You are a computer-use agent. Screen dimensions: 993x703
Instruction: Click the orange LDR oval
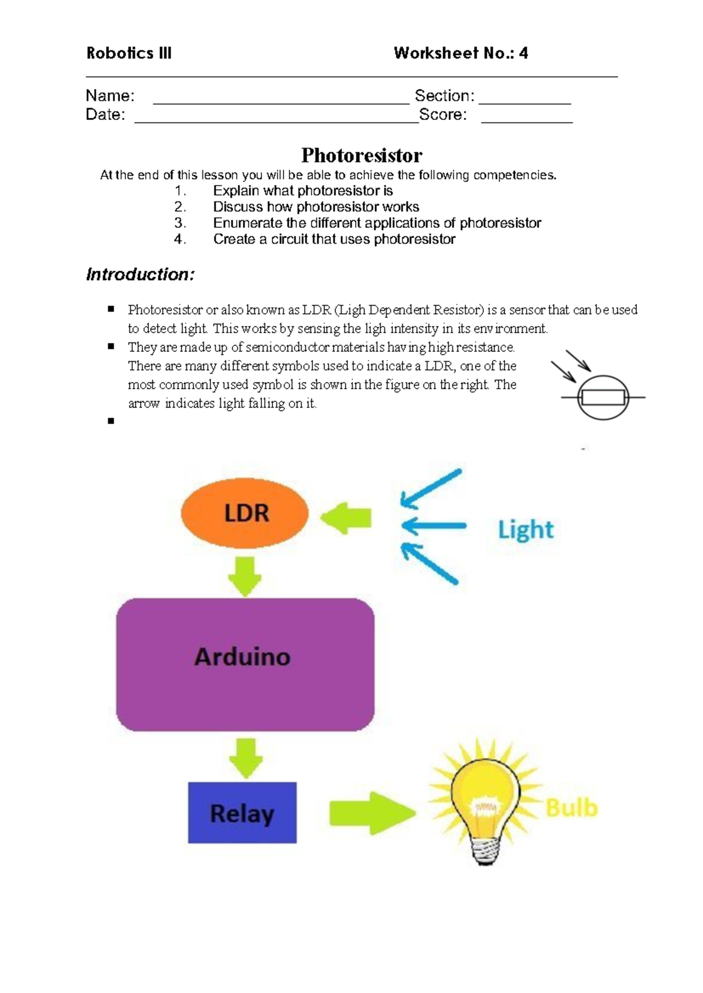[245, 513]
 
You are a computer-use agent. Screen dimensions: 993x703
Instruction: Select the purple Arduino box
[245, 664]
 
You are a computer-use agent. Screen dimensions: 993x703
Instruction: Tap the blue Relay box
[242, 812]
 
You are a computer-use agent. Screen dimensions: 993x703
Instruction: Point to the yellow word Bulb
[571, 808]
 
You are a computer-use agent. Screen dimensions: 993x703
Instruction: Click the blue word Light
[525, 530]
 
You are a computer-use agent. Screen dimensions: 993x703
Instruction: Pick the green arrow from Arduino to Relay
[245, 756]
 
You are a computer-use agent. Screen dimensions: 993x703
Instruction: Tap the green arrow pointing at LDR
[347, 518]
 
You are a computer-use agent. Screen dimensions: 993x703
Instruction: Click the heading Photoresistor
[361, 155]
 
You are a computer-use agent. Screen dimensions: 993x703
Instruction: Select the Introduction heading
[140, 274]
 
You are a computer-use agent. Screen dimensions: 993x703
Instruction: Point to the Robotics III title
[129, 53]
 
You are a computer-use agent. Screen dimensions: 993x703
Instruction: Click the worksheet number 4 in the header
[523, 53]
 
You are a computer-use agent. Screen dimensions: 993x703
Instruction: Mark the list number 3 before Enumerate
[180, 223]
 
